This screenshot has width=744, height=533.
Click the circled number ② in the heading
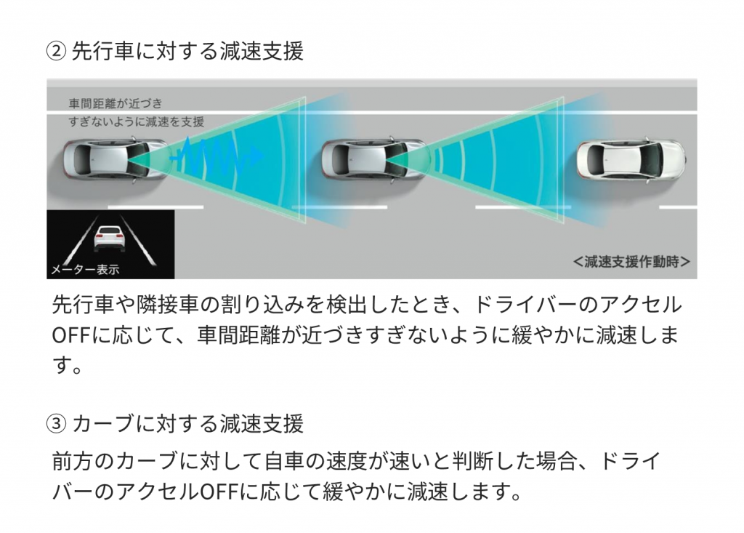point(56,52)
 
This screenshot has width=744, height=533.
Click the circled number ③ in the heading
point(56,423)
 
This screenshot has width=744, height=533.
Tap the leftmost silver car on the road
point(116,159)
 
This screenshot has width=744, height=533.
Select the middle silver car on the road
point(374,159)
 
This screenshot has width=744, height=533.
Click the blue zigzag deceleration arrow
point(217,155)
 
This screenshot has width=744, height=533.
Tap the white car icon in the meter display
point(110,238)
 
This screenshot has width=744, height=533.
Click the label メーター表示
point(85,269)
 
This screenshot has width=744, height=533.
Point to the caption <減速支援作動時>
point(631,261)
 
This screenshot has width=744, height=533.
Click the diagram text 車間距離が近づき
point(116,103)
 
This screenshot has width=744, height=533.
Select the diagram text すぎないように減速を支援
point(136,121)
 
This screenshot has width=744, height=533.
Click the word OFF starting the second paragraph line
point(71,335)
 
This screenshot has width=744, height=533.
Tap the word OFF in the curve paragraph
point(219,492)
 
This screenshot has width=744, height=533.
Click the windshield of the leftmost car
point(137,159)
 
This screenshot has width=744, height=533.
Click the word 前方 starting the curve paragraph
point(72,461)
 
